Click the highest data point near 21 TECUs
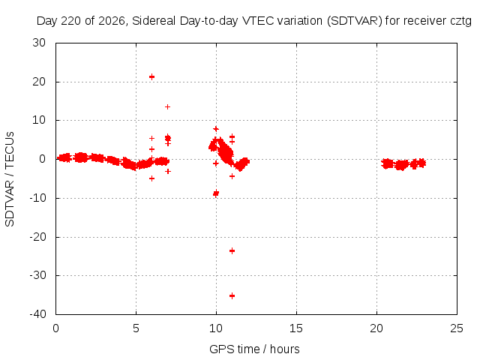click(x=151, y=76)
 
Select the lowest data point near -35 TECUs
click(x=232, y=295)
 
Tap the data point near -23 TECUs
click(x=232, y=251)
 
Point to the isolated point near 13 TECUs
click(x=167, y=106)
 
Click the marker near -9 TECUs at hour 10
click(x=216, y=193)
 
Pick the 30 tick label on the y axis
click(x=39, y=43)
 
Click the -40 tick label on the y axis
click(x=37, y=313)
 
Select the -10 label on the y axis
click(x=37, y=198)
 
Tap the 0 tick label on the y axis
click(x=42, y=159)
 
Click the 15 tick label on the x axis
click(x=296, y=328)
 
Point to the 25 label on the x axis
click(x=457, y=328)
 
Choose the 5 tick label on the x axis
click(x=136, y=328)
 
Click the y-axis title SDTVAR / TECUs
click(x=10, y=179)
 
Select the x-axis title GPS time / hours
click(x=254, y=349)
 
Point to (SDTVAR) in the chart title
click(x=355, y=21)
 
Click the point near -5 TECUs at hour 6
click(x=151, y=178)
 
